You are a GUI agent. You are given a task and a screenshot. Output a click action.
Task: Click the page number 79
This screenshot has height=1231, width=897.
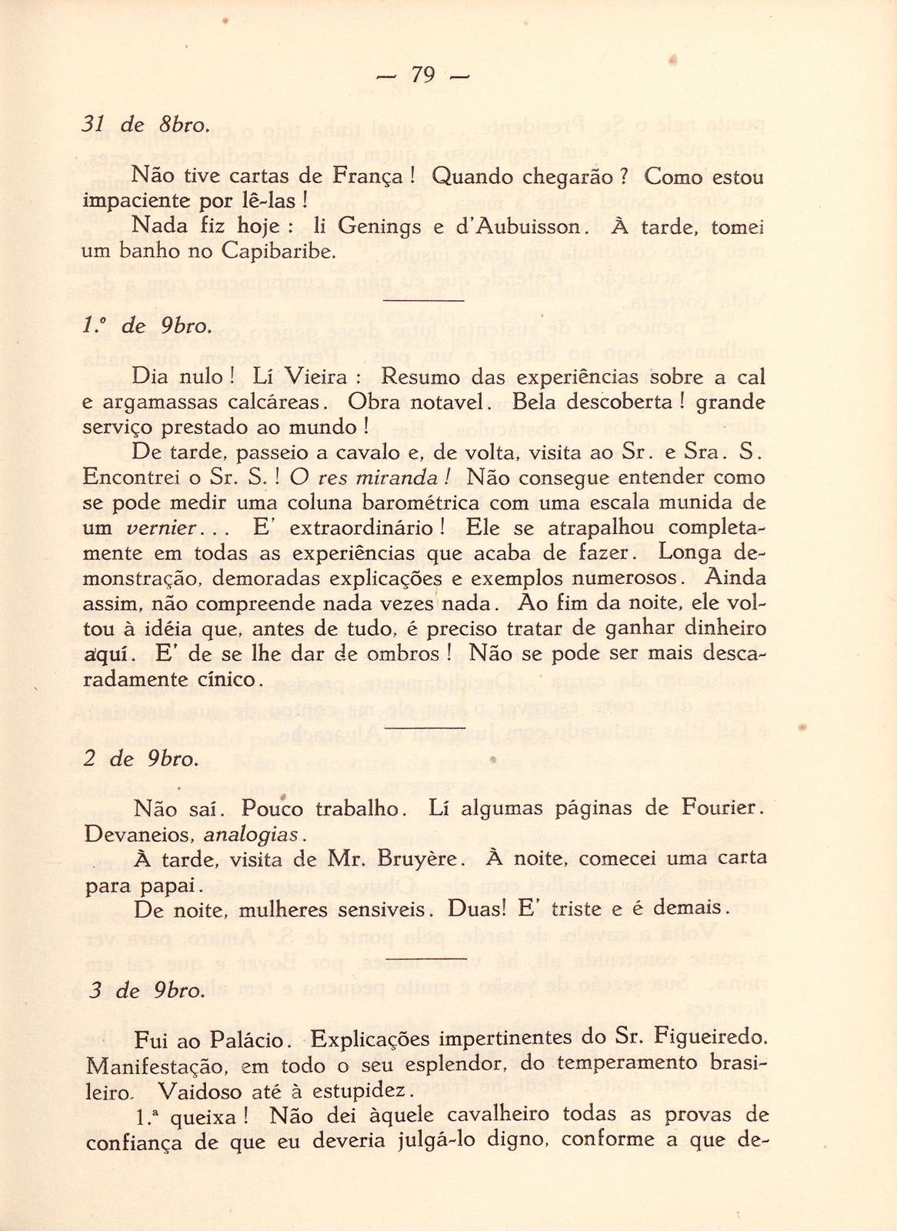click(x=423, y=75)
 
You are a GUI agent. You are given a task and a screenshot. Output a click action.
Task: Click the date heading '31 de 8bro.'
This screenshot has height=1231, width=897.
click(x=145, y=125)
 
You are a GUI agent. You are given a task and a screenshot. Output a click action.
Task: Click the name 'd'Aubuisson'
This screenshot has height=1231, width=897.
click(x=529, y=228)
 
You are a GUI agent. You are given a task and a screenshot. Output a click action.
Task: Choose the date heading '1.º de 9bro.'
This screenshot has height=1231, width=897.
click(x=145, y=325)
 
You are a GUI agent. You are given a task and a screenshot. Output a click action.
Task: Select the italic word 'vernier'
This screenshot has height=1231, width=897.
click(x=158, y=529)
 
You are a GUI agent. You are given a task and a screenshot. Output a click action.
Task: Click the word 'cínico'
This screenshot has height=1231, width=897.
click(x=228, y=679)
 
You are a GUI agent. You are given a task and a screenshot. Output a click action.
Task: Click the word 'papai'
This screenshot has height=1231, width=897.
click(x=172, y=885)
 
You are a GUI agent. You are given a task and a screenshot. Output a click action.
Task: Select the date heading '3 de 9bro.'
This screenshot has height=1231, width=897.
click(x=146, y=991)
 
